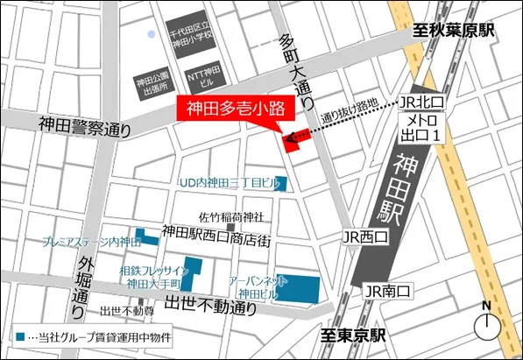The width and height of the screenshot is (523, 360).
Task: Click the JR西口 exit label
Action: tap(364, 236)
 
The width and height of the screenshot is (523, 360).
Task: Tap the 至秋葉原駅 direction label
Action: tap(455, 31)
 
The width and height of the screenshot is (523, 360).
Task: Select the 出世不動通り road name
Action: tap(212, 307)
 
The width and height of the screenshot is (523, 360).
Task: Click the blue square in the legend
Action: tap(21, 336)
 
